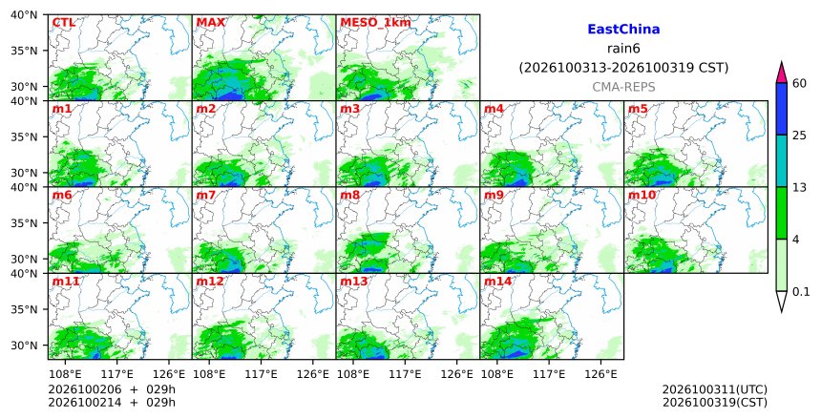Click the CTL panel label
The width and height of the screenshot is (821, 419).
coord(63,23)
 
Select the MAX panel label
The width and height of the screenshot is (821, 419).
coord(210,23)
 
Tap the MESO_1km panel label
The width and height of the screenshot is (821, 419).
coord(375,23)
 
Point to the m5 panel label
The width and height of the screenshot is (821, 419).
coord(638,109)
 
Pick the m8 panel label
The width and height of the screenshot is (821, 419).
coord(349,196)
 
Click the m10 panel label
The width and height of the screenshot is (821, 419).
coord(642,196)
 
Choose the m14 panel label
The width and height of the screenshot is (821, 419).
coord(497,282)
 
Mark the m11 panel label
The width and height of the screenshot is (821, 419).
coord(66,282)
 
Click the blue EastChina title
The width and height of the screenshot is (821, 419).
coord(623,30)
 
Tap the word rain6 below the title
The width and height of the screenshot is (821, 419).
coord(623,49)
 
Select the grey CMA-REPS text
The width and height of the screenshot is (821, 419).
coord(623,87)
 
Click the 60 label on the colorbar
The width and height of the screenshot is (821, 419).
coord(799,83)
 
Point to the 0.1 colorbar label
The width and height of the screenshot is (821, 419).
coord(801,292)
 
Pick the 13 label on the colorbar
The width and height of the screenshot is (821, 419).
coord(799,187)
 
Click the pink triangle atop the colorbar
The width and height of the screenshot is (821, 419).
coord(782,73)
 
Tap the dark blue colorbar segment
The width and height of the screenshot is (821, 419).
coord(782,109)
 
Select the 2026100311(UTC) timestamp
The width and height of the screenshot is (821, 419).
coord(715,389)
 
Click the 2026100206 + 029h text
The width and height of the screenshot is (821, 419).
coord(112,389)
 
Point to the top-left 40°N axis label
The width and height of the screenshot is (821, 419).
coord(24,14)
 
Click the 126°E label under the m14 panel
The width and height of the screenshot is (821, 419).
coord(600,374)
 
